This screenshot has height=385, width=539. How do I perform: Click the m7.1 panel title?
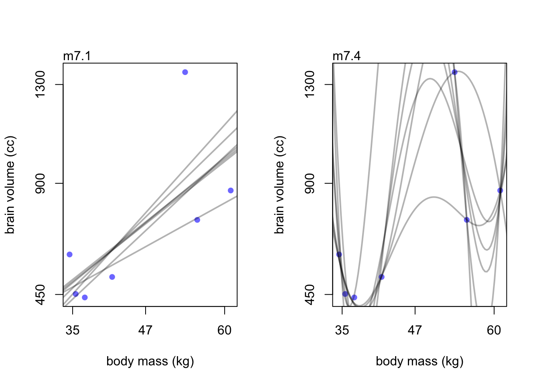click(x=77, y=56)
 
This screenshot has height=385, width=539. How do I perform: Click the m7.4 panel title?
click(x=346, y=56)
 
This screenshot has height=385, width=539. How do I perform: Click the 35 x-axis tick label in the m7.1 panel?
click(x=73, y=330)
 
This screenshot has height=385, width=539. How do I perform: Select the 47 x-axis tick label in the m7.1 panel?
click(x=145, y=330)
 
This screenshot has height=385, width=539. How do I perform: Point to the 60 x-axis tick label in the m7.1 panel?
click(x=225, y=330)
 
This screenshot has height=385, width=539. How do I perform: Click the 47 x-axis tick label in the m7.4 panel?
click(x=415, y=330)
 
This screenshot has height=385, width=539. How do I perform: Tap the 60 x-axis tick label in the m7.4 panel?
click(x=494, y=330)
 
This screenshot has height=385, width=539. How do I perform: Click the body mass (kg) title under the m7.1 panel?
click(x=150, y=361)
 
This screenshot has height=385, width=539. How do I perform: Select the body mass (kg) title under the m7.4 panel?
click(x=419, y=361)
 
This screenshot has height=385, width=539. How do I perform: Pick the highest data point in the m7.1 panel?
click(x=185, y=72)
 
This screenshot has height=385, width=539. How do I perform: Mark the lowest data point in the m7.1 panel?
click(x=85, y=297)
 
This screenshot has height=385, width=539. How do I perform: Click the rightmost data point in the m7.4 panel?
click(x=500, y=190)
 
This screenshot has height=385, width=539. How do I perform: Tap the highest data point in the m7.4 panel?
click(x=454, y=72)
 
